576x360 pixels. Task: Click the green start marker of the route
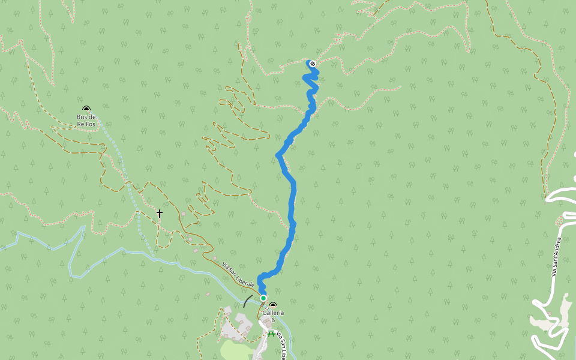click(x=263, y=298)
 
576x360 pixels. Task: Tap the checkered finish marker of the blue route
click(x=312, y=64)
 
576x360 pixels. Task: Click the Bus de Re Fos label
click(x=86, y=120)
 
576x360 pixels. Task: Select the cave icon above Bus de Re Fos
click(x=86, y=109)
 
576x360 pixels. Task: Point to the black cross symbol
click(x=160, y=213)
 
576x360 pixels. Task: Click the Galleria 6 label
click(x=273, y=316)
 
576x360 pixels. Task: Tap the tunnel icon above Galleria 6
click(x=273, y=305)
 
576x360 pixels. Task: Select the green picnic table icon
click(x=272, y=334)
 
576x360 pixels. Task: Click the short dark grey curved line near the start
click(x=247, y=300)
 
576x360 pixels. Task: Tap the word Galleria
click(x=273, y=313)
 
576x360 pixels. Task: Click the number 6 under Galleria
click(x=273, y=320)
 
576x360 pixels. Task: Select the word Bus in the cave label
click(x=82, y=116)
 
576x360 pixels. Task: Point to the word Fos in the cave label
click(x=91, y=124)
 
